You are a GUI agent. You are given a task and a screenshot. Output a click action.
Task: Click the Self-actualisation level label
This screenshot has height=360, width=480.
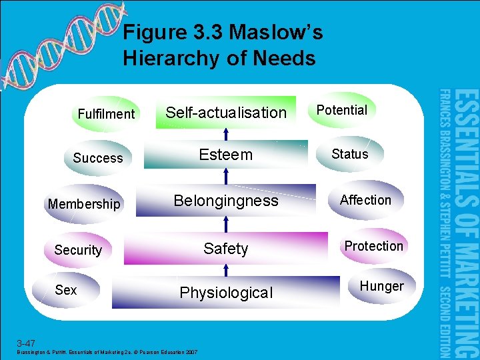(x=225, y=113)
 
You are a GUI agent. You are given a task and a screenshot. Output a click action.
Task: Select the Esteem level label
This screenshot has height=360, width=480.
(x=226, y=155)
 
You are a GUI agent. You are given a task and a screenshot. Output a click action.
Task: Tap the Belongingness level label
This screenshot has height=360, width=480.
(x=226, y=201)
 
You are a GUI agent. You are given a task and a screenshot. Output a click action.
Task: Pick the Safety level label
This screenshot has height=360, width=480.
(x=225, y=249)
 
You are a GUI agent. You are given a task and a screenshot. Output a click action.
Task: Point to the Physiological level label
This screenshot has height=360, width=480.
(x=226, y=293)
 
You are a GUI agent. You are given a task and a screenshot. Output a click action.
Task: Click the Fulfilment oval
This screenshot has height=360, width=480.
(x=106, y=114)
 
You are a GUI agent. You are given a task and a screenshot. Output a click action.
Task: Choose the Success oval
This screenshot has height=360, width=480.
(x=98, y=158)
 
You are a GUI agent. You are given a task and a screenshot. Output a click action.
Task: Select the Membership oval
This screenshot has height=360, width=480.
(x=84, y=204)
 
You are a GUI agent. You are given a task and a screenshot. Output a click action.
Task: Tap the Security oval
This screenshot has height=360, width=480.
(x=78, y=250)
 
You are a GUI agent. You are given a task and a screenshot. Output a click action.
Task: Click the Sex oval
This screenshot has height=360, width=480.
(x=66, y=290)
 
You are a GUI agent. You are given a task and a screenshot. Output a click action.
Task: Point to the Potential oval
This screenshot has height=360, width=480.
(x=341, y=110)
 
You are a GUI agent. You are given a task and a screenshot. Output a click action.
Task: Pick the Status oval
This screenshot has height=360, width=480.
(x=349, y=154)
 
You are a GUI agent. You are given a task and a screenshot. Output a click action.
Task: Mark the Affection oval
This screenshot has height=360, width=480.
(x=365, y=200)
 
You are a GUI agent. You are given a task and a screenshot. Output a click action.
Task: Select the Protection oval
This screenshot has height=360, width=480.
(x=373, y=246)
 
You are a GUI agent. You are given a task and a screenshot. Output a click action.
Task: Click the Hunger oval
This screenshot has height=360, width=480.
(x=381, y=286)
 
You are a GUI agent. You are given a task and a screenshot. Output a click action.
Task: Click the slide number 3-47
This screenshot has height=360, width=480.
(x=27, y=343)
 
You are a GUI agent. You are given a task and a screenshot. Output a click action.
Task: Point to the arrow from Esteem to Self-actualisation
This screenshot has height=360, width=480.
(x=226, y=133)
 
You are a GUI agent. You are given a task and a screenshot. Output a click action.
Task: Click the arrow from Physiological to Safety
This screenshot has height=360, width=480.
(x=226, y=269)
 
